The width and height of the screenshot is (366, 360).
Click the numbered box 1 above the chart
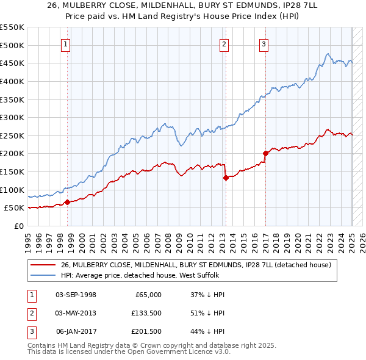coord(65,44)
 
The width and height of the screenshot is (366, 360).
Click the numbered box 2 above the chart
coord(224,44)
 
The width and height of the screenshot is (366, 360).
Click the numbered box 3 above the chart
coord(264,44)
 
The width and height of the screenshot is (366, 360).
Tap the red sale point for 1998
coord(67,203)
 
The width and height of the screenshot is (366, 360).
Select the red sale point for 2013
coord(226,178)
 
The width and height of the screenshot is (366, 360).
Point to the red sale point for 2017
coord(265,153)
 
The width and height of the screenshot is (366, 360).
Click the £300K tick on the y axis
coord(12,117)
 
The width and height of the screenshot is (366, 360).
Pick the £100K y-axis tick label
coord(12,190)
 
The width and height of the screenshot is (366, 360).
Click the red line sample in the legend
coord(43,265)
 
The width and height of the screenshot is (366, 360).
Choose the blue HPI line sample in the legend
coord(43,275)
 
